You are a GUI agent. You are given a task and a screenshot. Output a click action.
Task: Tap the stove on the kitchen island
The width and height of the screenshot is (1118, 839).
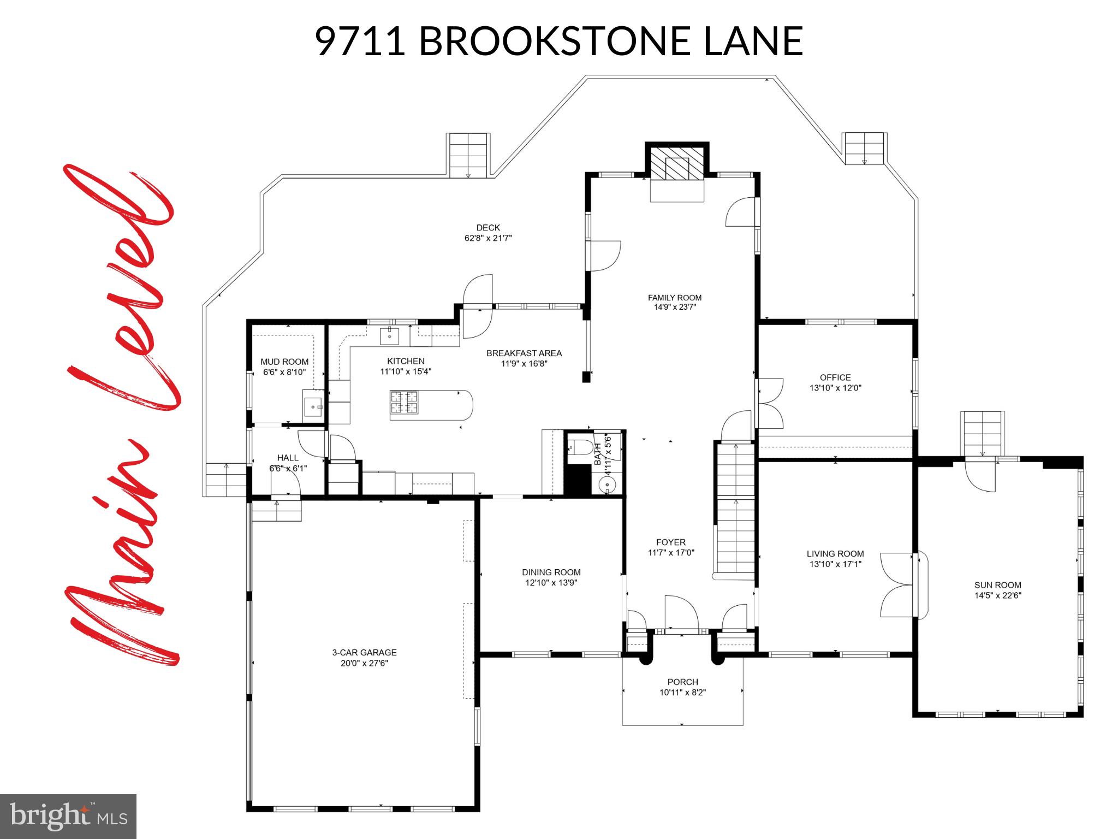[404, 403]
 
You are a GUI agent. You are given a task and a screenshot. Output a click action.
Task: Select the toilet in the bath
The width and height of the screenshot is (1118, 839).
[580, 447]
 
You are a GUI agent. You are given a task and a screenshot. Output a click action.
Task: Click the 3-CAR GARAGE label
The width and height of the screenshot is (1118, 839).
[364, 652]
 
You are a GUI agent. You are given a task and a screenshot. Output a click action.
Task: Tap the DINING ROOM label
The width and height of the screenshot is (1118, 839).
[551, 572]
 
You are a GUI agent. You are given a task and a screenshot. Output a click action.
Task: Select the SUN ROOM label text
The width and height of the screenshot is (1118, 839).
[997, 584]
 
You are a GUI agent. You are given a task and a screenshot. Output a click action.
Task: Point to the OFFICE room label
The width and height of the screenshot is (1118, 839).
[835, 377]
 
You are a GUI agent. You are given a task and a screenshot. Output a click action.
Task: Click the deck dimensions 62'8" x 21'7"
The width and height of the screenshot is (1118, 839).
[487, 238]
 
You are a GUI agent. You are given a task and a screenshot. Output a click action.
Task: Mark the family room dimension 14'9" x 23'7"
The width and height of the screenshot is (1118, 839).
[675, 307]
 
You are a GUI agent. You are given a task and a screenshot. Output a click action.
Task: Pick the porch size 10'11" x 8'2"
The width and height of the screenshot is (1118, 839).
[682, 693]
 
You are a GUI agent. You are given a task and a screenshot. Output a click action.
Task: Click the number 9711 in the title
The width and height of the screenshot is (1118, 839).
[360, 41]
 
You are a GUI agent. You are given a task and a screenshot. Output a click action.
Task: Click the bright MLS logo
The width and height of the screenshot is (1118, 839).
[68, 817]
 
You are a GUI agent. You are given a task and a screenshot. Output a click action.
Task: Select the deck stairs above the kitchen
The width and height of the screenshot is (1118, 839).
[468, 155]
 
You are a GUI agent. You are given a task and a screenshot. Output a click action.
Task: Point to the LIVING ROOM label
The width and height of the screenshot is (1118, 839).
[835, 554]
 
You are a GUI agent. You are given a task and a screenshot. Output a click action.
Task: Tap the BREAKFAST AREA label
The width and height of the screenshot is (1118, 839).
[524, 353]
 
